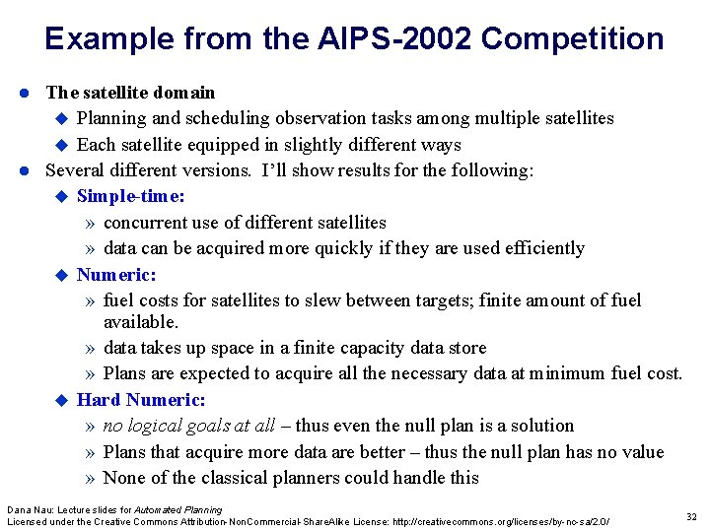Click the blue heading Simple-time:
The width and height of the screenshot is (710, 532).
(130, 196)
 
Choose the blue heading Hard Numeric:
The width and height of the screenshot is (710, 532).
(141, 400)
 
